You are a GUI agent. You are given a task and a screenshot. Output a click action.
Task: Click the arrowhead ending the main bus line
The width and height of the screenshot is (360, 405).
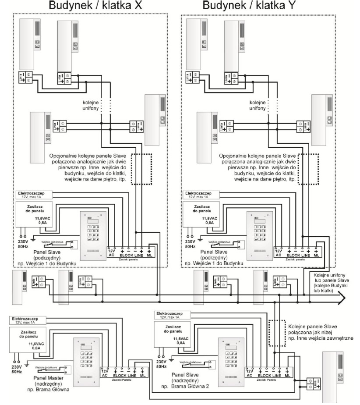[x=341, y=298]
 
